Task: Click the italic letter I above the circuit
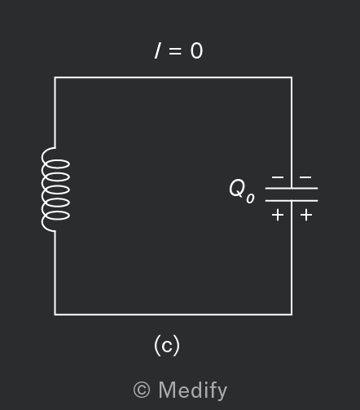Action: [x=158, y=51]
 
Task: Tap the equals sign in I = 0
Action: [x=175, y=50]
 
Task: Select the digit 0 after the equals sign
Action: [x=196, y=51]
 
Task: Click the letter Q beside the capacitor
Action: [x=237, y=188]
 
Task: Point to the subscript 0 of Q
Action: [x=250, y=198]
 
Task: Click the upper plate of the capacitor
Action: [x=292, y=188]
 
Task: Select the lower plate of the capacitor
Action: [x=292, y=201]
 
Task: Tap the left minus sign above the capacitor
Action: [x=278, y=177]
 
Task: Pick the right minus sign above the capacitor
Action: [x=305, y=177]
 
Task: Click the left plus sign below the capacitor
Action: [x=278, y=216]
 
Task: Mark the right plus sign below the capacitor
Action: [x=306, y=216]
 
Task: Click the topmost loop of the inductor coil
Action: [x=56, y=164]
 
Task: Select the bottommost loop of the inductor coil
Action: [x=56, y=216]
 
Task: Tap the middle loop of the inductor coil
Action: [x=56, y=190]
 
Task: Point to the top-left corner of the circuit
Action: [x=55, y=78]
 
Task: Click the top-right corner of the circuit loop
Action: [x=292, y=78]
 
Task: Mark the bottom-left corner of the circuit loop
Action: [x=55, y=315]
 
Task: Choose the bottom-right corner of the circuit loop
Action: [x=292, y=315]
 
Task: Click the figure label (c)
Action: [x=167, y=345]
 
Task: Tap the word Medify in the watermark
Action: [x=193, y=390]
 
